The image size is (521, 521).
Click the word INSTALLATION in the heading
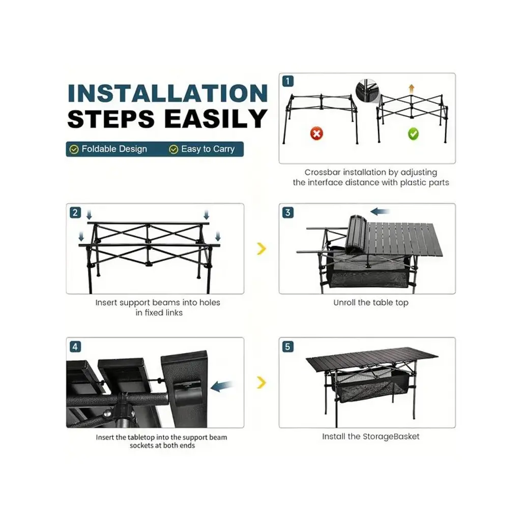click(167, 93)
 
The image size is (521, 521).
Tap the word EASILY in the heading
click(216, 119)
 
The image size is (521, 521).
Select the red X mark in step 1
click(316, 134)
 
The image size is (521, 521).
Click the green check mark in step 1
click(413, 134)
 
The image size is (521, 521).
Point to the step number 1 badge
click(288, 81)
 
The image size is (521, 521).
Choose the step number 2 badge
click(75, 212)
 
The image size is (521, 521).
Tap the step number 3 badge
click(288, 212)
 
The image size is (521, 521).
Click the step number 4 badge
click(75, 346)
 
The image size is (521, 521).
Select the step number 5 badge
click(288, 346)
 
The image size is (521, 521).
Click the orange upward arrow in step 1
click(411, 89)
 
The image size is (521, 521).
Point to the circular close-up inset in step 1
click(367, 91)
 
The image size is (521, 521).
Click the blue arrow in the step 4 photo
click(222, 386)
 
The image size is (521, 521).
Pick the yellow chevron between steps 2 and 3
click(262, 248)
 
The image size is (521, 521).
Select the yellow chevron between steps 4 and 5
click(262, 383)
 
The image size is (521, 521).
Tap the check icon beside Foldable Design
click(74, 150)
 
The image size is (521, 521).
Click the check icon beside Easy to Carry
click(173, 150)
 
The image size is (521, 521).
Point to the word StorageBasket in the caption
click(391, 436)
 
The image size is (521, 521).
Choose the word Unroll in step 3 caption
click(344, 302)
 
